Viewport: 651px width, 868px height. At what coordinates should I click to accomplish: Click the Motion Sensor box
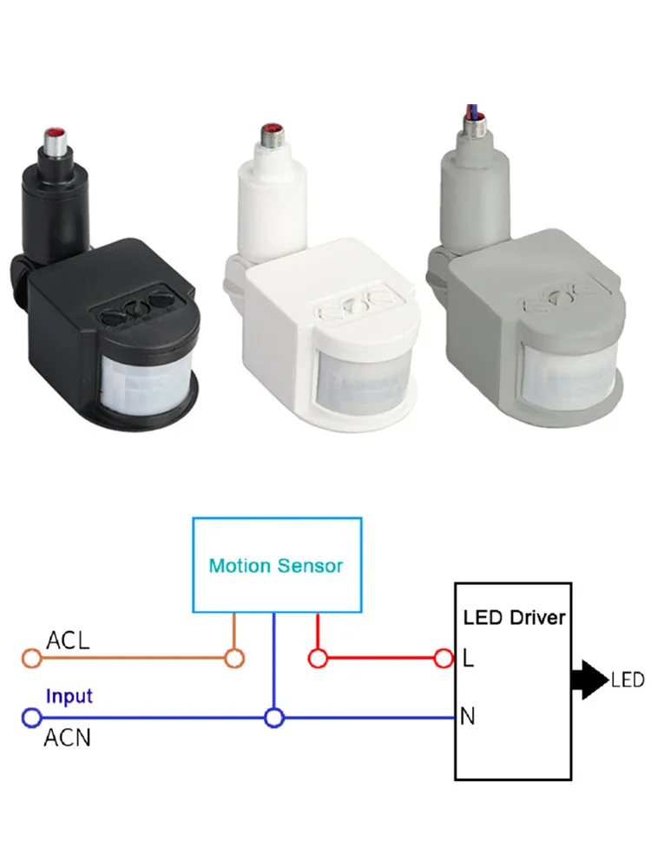276,565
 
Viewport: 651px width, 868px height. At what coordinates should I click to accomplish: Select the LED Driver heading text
514,618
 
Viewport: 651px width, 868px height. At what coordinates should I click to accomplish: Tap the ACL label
68,641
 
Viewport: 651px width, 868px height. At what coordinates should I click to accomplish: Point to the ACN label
69,739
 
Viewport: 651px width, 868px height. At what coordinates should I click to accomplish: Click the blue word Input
69,696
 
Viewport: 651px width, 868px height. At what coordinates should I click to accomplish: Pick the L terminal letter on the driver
469,659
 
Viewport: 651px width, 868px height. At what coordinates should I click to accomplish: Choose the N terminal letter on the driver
470,718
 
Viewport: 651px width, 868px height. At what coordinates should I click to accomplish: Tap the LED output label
628,680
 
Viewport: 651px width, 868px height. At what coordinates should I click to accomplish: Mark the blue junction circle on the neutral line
274,718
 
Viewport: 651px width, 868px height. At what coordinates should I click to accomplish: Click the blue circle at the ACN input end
31,718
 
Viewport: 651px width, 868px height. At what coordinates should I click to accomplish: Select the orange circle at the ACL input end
31,659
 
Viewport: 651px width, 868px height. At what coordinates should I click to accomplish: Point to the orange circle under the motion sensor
233,659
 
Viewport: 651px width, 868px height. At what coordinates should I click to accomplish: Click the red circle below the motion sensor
318,659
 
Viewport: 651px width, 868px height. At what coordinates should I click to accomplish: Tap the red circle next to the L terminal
444,659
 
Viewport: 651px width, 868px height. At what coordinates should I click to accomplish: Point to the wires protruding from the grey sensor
477,108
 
